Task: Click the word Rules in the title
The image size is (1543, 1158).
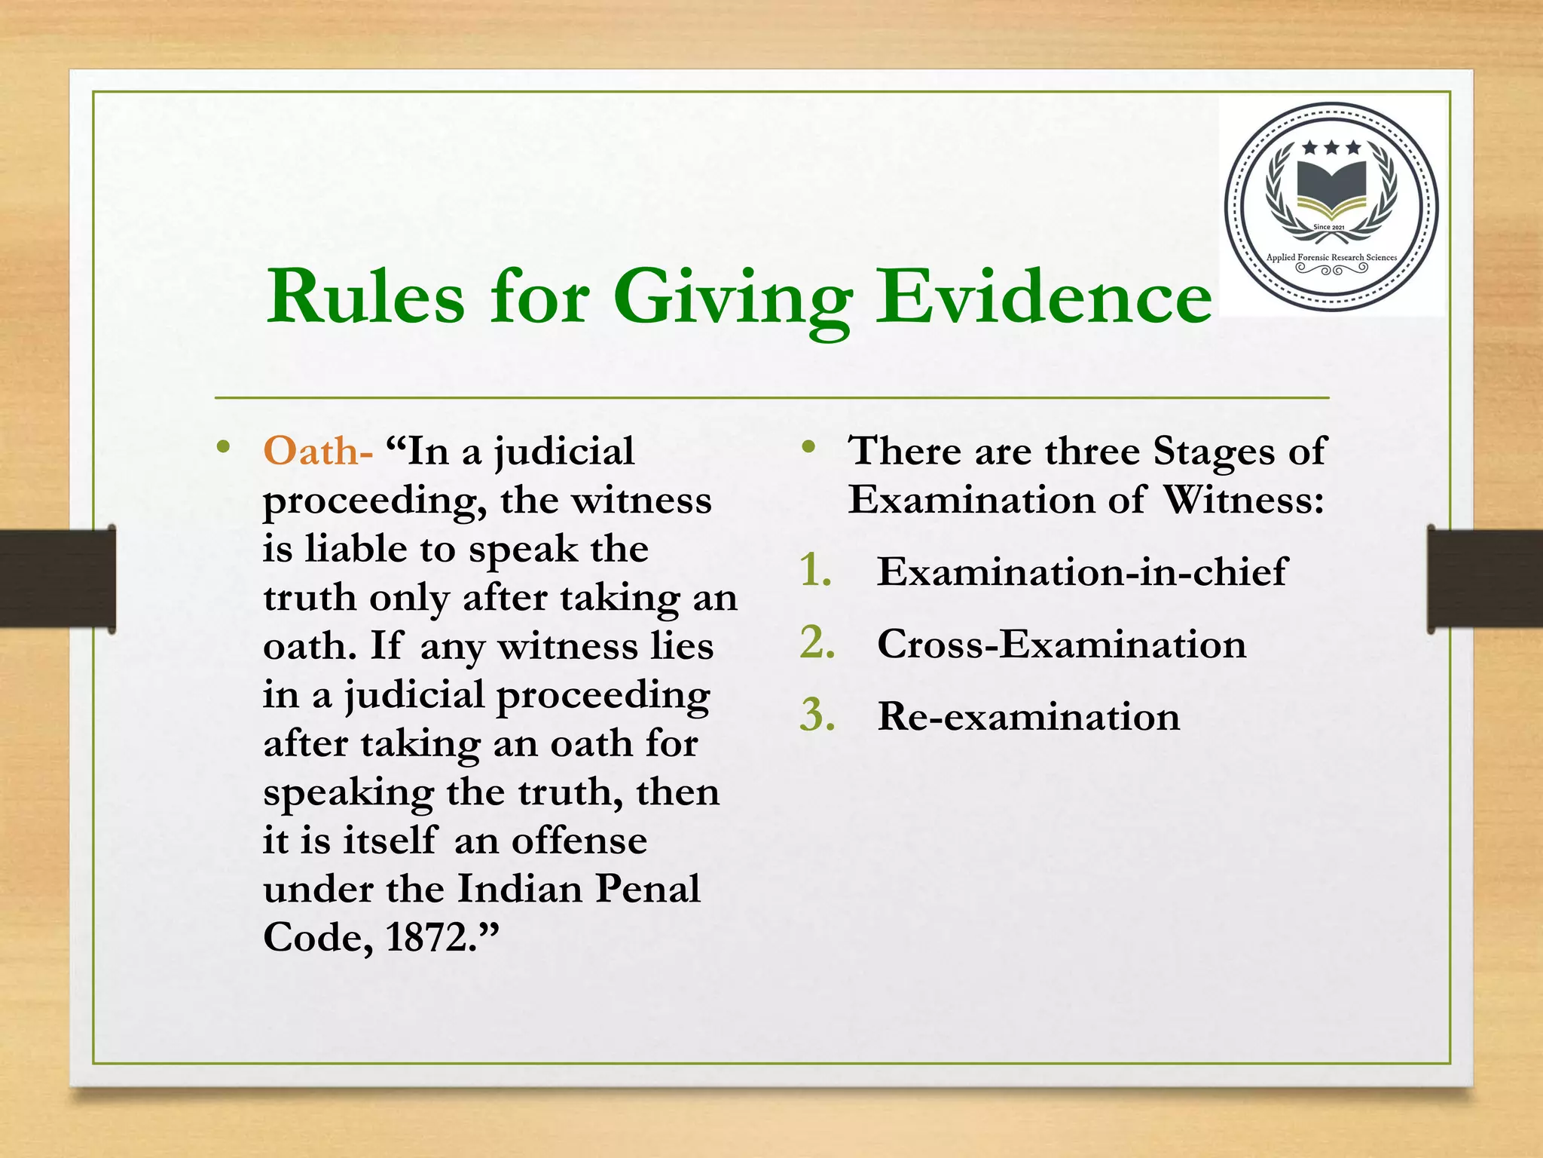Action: pos(366,298)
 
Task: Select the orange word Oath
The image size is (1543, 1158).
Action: pos(311,452)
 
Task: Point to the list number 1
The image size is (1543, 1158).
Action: pos(815,571)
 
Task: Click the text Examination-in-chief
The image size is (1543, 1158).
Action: pos(1082,571)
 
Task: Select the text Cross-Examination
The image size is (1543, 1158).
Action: pos(1061,645)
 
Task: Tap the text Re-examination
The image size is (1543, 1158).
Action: pos(1028,716)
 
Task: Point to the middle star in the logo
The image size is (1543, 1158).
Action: pos(1331,147)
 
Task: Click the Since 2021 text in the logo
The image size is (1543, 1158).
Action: pos(1329,227)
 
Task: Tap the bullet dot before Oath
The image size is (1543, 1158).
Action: pos(222,447)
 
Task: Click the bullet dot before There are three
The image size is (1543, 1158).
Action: pos(809,447)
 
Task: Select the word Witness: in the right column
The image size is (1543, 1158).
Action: pos(1243,501)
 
